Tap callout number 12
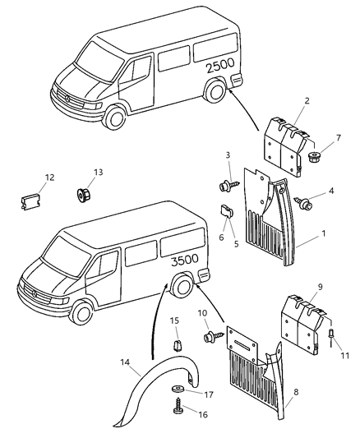(x=49, y=176)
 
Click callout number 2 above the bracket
(x=282, y=100)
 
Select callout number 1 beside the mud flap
(x=323, y=233)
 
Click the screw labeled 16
(x=178, y=406)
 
